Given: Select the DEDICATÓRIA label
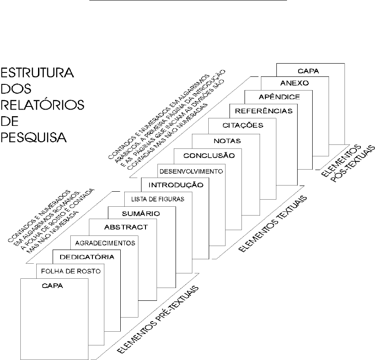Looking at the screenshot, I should click(x=84, y=257).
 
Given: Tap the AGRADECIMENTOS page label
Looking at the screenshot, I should click(x=105, y=243).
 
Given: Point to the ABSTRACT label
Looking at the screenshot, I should click(x=126, y=227).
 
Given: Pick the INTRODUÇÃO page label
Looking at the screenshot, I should click(x=176, y=185).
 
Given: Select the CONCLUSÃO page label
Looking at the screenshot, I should click(x=209, y=155).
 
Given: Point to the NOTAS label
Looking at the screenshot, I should click(x=227, y=141).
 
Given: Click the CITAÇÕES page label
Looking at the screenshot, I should click(x=243, y=125).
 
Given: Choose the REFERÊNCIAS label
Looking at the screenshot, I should click(x=264, y=111).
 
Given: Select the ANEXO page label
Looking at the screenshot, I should click(x=294, y=83).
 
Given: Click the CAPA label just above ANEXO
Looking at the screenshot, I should click(x=310, y=70).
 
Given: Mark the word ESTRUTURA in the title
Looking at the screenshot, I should click(x=37, y=72).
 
